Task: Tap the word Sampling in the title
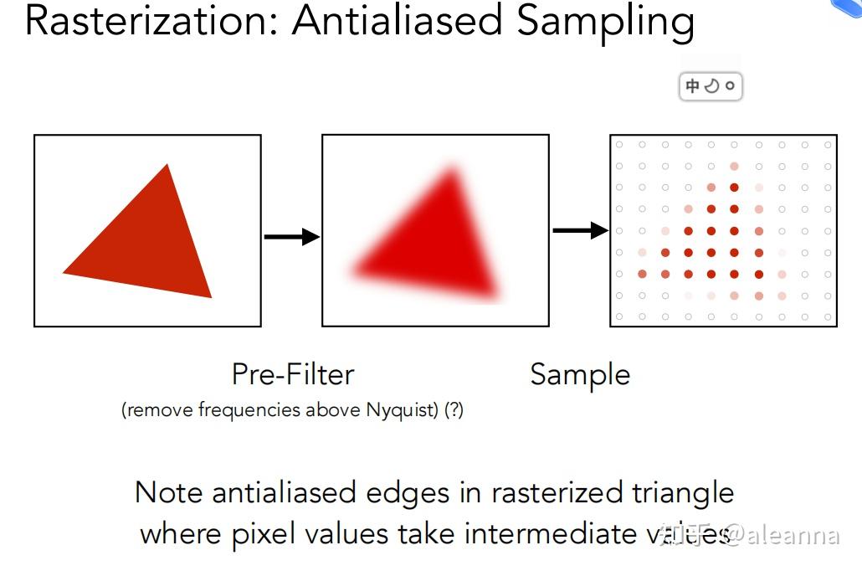605,23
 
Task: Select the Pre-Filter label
293,374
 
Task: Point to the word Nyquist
403,410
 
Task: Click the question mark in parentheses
454,409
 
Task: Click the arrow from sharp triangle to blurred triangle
292,237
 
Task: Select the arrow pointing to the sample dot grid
581,230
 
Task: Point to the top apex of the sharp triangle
167,164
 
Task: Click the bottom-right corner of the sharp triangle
212,297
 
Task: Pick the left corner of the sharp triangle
64,272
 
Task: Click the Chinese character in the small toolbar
692,85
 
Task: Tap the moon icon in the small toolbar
711,85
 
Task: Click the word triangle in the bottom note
683,493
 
